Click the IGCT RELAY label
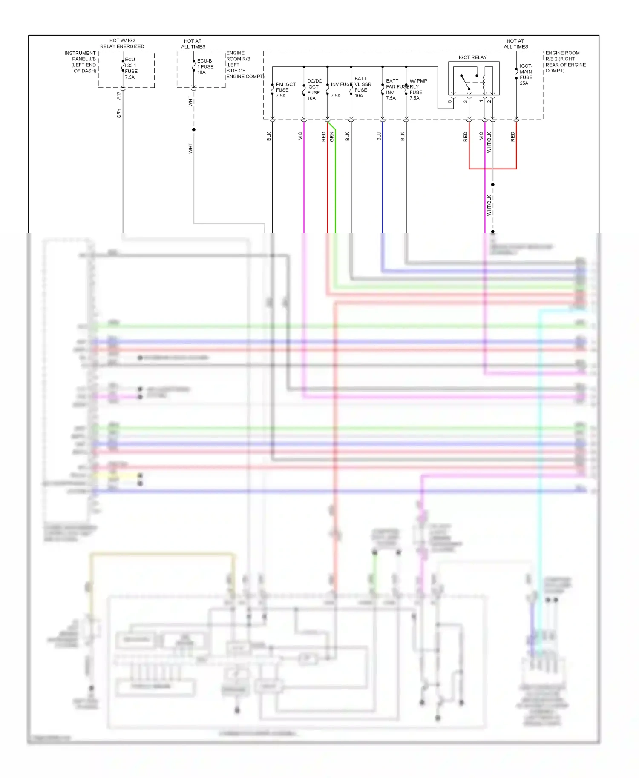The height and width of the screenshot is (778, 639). (472, 57)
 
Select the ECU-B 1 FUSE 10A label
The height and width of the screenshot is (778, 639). (205, 66)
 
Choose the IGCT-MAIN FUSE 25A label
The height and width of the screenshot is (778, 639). (526, 74)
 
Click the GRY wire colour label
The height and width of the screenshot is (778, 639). (119, 113)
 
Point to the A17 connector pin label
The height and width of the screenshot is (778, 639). (119, 96)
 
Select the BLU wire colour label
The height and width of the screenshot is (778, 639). (379, 136)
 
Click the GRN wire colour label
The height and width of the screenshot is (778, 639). (331, 137)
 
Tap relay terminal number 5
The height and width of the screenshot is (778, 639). (449, 101)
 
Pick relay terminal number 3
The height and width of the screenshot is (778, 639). (465, 101)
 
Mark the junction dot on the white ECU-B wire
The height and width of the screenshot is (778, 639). (194, 129)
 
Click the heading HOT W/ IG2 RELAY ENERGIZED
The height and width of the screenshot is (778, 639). (122, 43)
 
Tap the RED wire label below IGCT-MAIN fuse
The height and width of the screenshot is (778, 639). (512, 137)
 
